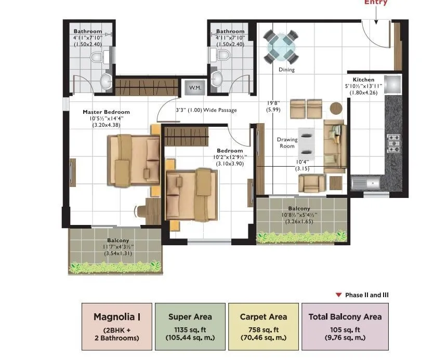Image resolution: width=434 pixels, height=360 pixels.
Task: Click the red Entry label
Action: tap(376, 3)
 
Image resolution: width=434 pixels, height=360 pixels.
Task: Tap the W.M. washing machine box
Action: tap(195, 87)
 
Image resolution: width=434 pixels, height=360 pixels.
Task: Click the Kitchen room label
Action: tap(363, 79)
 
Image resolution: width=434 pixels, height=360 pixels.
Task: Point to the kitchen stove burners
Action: tap(393, 140)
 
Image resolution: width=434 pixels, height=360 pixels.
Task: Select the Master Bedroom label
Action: tap(106, 112)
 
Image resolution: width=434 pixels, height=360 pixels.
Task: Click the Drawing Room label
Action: tap(286, 143)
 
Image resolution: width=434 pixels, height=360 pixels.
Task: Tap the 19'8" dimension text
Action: tap(273, 103)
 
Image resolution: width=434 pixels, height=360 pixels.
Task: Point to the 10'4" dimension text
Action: tap(303, 162)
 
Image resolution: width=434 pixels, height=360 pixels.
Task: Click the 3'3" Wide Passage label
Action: tap(206, 110)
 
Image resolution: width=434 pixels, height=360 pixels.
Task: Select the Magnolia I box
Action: tap(116, 326)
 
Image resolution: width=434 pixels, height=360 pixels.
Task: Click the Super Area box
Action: tap(191, 326)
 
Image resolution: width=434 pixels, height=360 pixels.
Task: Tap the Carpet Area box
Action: tap(263, 326)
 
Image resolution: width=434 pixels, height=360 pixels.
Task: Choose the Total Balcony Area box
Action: tap(345, 326)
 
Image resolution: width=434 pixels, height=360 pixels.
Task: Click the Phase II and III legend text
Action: tap(366, 295)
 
